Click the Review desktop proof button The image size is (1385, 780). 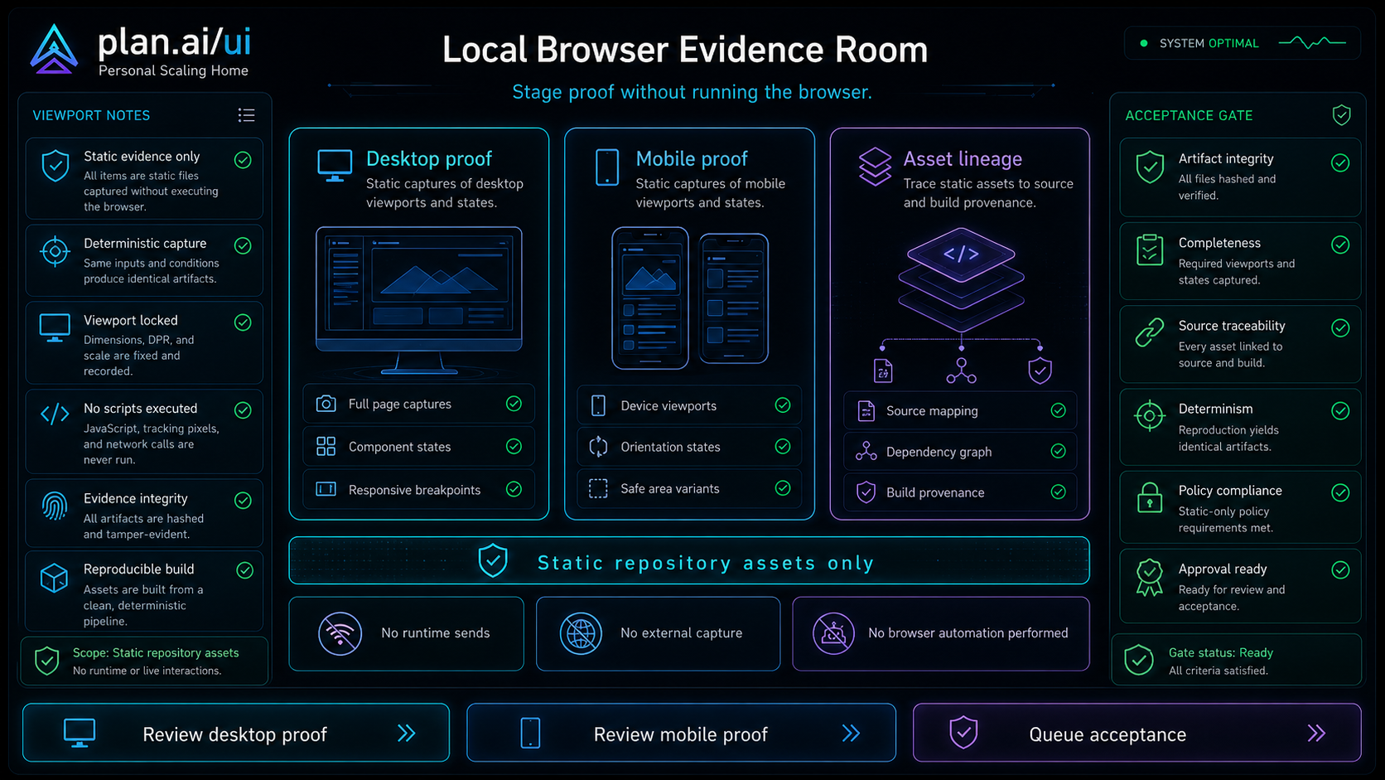235,733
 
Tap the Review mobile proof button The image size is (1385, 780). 681,733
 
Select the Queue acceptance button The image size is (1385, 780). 1137,733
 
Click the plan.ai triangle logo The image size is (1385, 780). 54,50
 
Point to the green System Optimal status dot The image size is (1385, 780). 1144,43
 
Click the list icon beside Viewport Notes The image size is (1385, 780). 246,115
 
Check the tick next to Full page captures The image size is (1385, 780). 514,404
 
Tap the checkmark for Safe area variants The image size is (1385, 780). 783,488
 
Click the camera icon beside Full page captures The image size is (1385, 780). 326,404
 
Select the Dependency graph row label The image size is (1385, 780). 939,452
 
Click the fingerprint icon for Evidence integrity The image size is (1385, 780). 55,506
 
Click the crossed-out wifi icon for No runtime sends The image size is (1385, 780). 340,633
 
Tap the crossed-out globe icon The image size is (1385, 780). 581,633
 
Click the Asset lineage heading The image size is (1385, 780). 963,159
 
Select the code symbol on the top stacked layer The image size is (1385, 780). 961,254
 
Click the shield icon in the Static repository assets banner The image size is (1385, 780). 493,560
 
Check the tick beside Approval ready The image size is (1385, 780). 1340,569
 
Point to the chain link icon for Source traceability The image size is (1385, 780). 1150,332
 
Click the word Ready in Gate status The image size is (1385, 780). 1256,652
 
